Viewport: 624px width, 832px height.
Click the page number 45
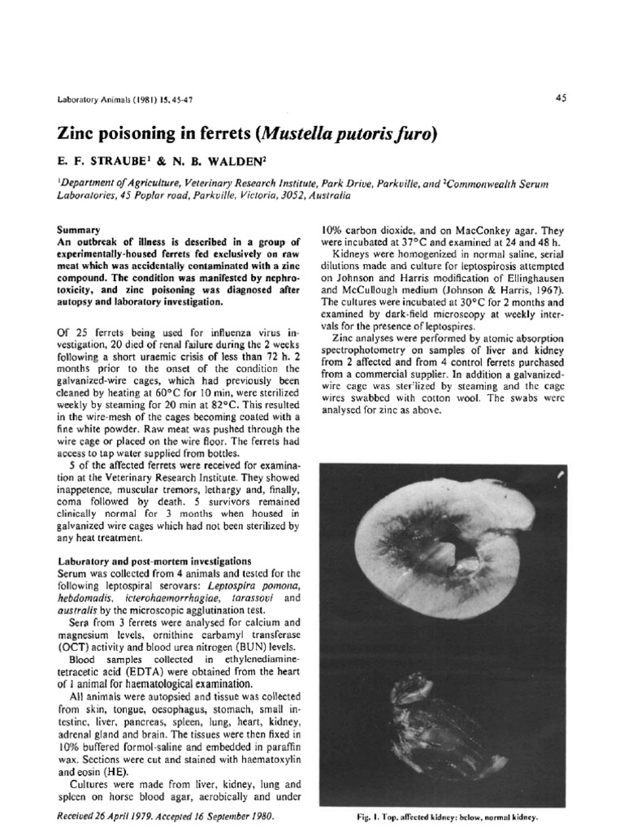coord(561,97)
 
